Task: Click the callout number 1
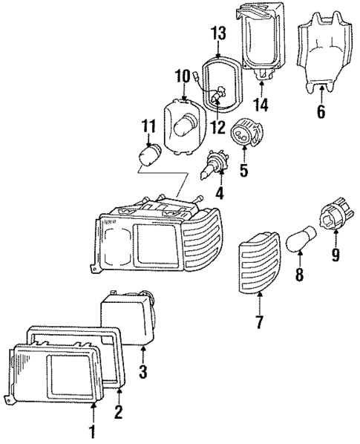point(92,431)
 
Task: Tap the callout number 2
point(118,411)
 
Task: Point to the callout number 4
point(219,195)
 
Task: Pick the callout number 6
point(321,112)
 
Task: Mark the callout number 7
point(260,322)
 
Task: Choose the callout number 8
point(299,275)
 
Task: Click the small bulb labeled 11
point(149,157)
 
